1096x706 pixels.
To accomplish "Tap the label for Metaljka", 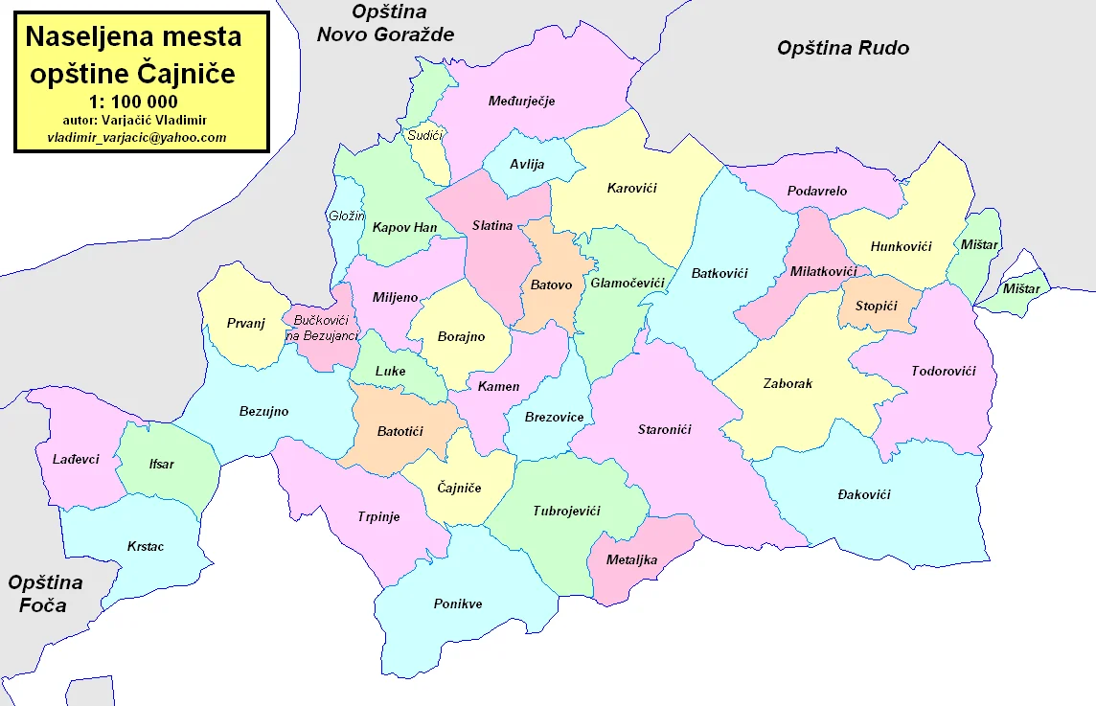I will pyautogui.click(x=632, y=559).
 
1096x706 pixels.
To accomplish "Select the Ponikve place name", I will pyautogui.click(x=458, y=604).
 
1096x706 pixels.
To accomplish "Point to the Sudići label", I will pyautogui.click(x=424, y=137).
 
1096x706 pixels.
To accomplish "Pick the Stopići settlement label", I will pyautogui.click(x=875, y=306).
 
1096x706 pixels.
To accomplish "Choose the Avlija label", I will pyautogui.click(x=527, y=164).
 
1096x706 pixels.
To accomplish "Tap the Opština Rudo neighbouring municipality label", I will pyautogui.click(x=843, y=48).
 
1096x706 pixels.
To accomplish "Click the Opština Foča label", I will pyautogui.click(x=45, y=594).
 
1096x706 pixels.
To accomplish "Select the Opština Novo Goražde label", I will pyautogui.click(x=386, y=24).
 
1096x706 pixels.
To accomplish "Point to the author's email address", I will pyautogui.click(x=137, y=137).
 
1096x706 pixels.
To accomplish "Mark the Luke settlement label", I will pyautogui.click(x=391, y=371).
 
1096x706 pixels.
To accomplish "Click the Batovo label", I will pyautogui.click(x=551, y=285).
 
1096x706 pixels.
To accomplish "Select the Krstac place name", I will pyautogui.click(x=146, y=546).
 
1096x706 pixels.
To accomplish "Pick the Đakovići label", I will pyautogui.click(x=863, y=494).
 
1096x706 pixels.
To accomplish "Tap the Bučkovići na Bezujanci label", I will pyautogui.click(x=322, y=327).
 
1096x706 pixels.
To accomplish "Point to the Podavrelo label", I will pyautogui.click(x=817, y=191).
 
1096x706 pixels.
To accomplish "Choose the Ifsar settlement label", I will pyautogui.click(x=162, y=464).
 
